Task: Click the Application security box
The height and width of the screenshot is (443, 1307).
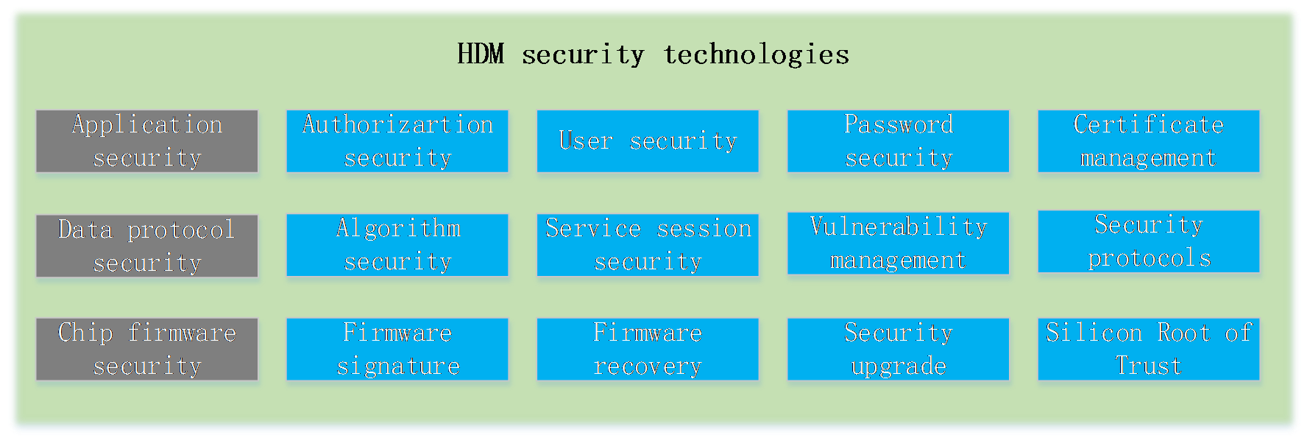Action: [147, 141]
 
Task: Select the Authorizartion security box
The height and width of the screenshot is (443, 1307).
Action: [397, 141]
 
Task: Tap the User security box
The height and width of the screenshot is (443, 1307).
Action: [648, 141]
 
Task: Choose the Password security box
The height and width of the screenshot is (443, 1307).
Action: [898, 141]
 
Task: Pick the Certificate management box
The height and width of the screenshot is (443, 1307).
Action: [1149, 141]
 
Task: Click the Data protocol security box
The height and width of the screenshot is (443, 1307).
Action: [147, 246]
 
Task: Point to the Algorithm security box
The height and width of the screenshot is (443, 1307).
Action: [397, 245]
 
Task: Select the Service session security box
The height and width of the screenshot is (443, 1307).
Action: [648, 245]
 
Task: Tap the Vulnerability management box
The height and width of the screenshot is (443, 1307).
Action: [898, 244]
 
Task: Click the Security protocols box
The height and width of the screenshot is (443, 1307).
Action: [1149, 241]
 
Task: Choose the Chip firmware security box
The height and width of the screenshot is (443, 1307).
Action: [147, 350]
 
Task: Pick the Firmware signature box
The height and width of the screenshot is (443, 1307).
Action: [397, 350]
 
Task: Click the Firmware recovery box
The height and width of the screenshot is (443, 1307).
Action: [648, 350]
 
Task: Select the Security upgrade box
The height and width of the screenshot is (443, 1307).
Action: [898, 350]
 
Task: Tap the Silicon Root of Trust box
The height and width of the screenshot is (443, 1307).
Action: [1149, 350]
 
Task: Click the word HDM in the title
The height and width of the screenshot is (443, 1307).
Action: [481, 54]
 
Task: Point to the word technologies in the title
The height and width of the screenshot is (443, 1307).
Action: [757, 54]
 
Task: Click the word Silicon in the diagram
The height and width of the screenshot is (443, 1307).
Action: [1094, 333]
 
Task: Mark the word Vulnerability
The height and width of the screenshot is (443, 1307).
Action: [899, 227]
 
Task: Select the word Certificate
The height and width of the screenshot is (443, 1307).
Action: [1149, 124]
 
